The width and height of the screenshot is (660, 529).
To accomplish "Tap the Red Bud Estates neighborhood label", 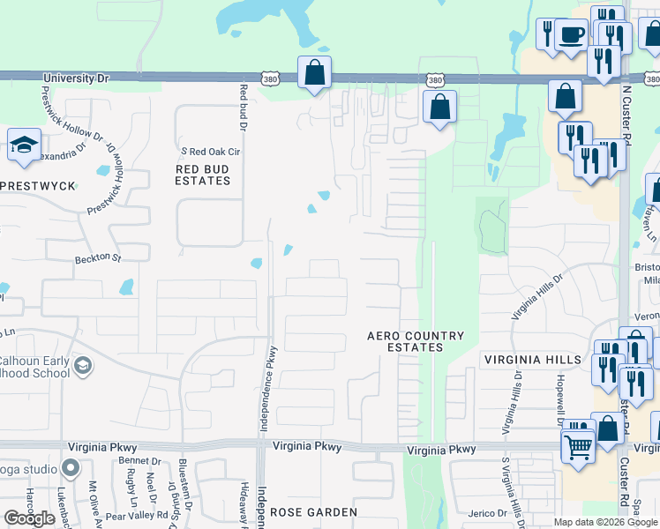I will pyautogui.click(x=203, y=175).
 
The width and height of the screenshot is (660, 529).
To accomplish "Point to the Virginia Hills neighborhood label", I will pyautogui.click(x=532, y=360).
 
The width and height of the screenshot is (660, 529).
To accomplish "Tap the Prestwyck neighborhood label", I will pyautogui.click(x=38, y=186).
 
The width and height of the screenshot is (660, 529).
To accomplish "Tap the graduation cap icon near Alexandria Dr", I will pyautogui.click(x=24, y=145).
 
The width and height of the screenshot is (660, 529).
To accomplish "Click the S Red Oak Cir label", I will pyautogui.click(x=211, y=151).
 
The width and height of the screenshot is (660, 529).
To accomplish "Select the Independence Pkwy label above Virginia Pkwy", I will pyautogui.click(x=263, y=391).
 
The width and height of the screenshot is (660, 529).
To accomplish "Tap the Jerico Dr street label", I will pyautogui.click(x=488, y=512).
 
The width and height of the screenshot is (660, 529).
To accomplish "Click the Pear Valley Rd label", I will pyautogui.click(x=138, y=514).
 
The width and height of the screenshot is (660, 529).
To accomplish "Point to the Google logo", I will pyautogui.click(x=29, y=518).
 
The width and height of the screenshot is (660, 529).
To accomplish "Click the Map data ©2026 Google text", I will pyautogui.click(x=605, y=522).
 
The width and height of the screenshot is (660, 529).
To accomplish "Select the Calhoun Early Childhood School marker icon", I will pyautogui.click(x=83, y=366).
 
